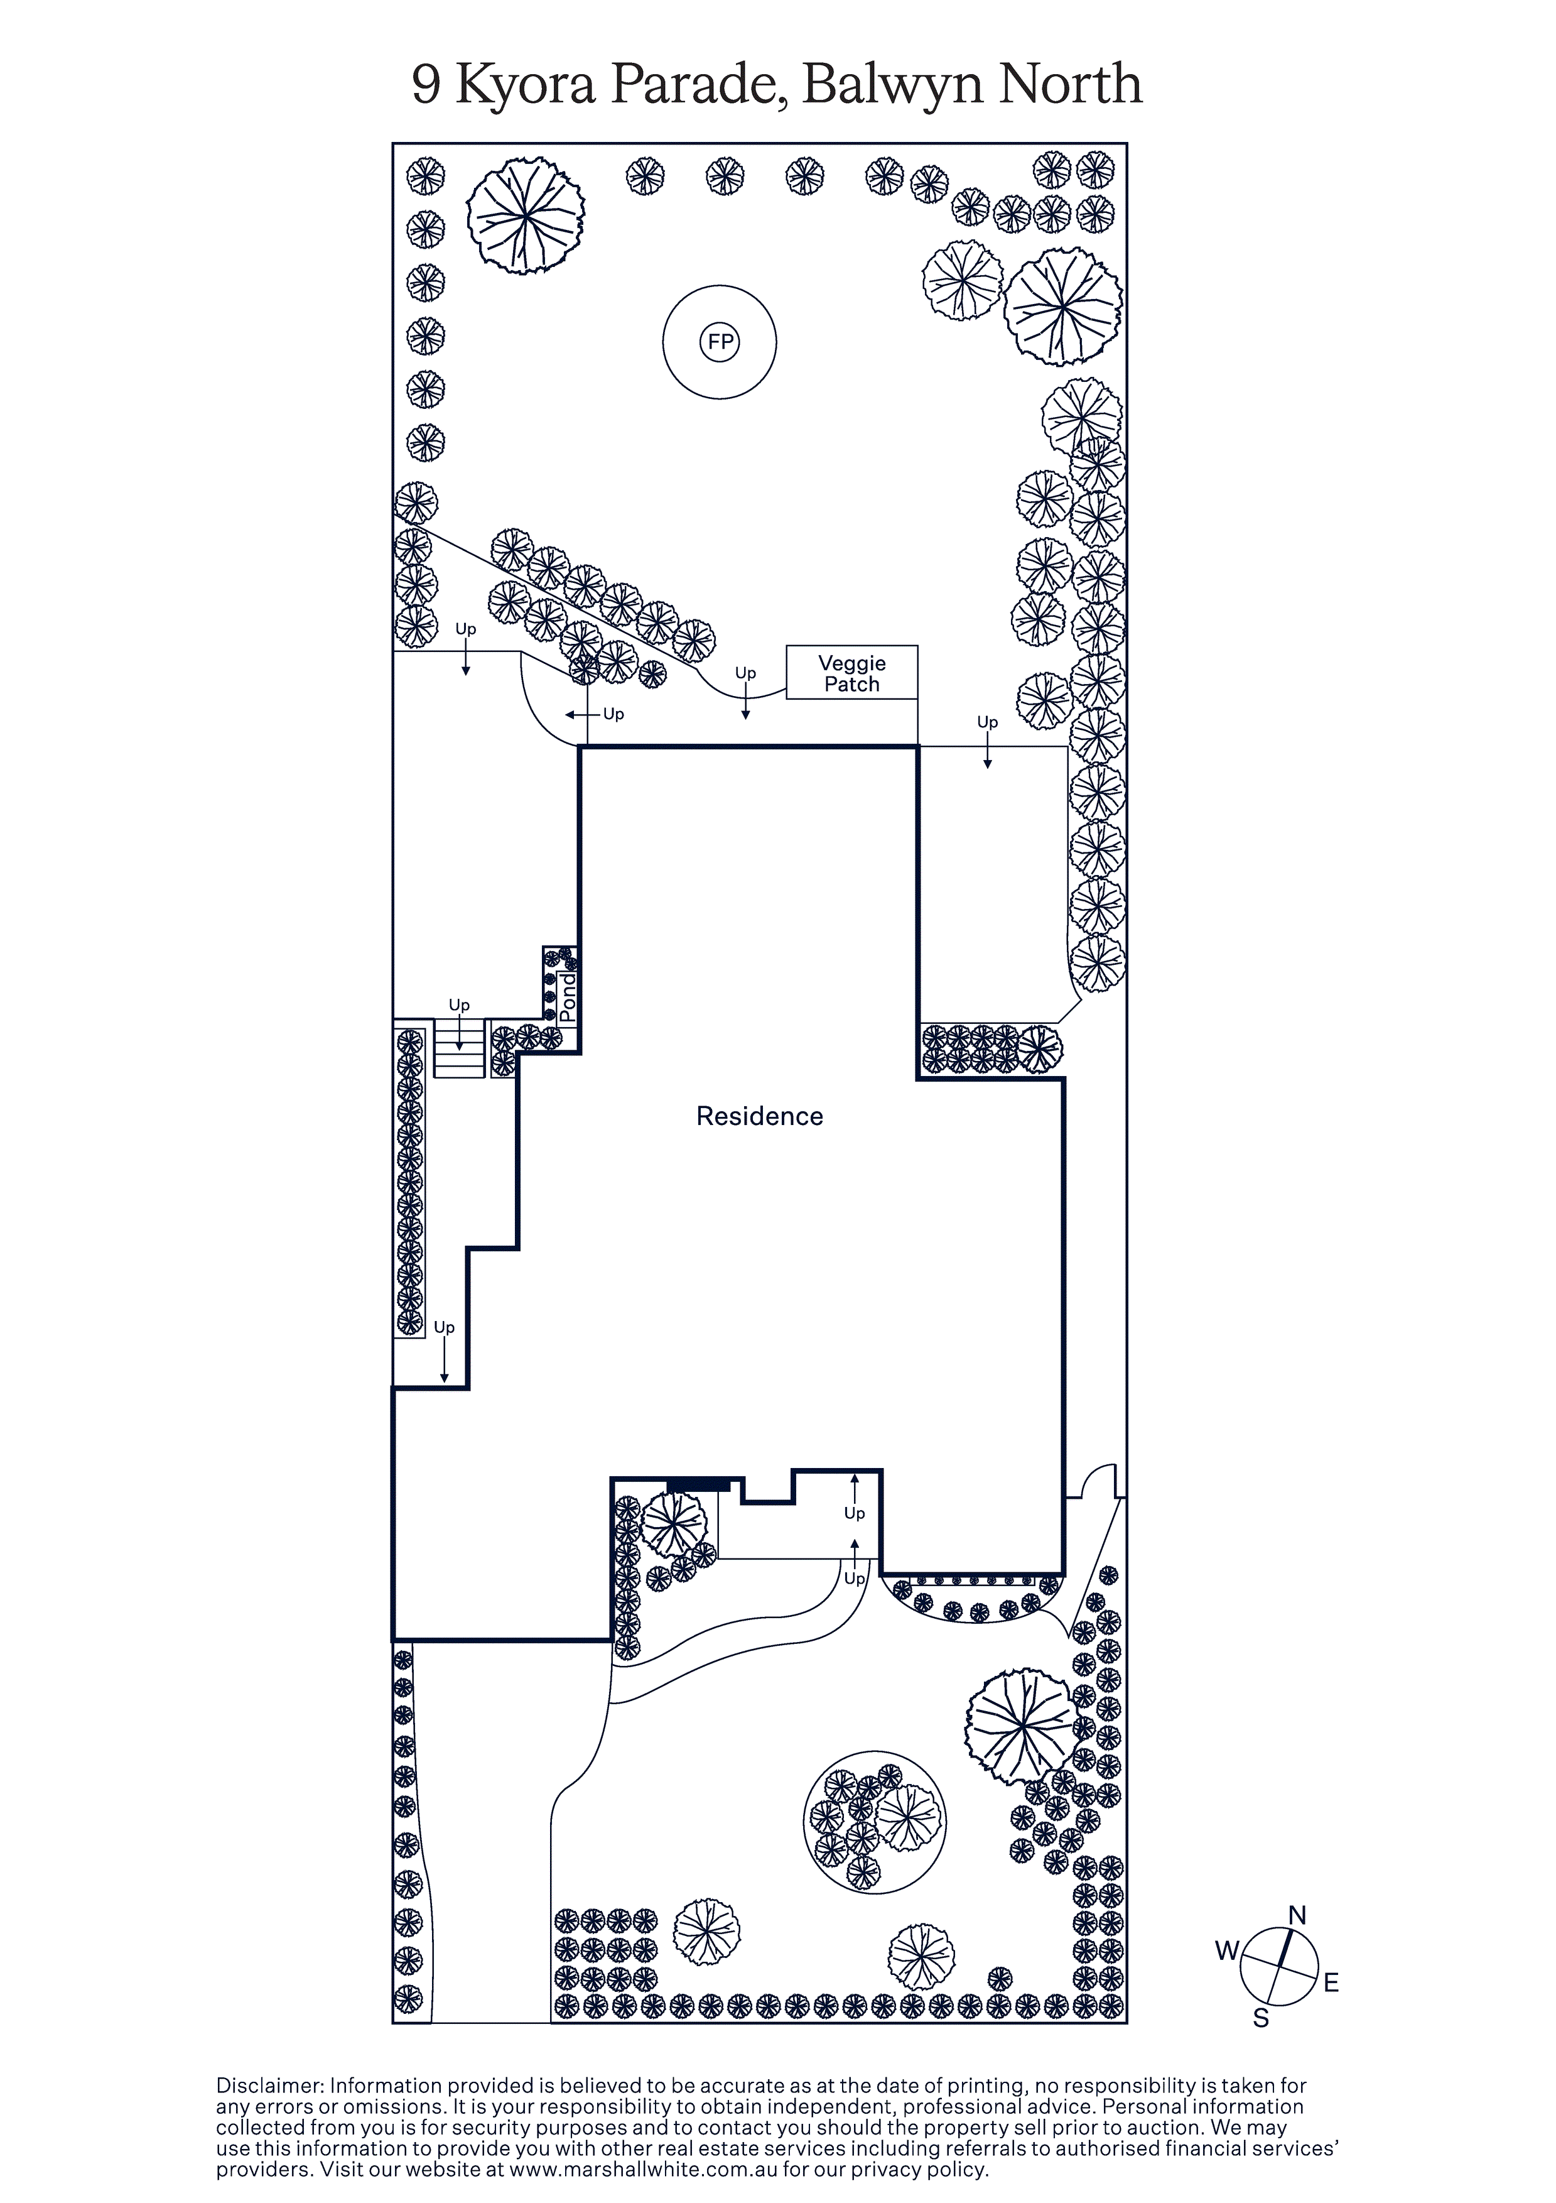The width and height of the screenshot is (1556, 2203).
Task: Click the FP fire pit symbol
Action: tap(720, 342)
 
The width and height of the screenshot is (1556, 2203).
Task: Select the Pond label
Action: tap(568, 998)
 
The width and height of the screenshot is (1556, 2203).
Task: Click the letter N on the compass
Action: tap(1297, 1916)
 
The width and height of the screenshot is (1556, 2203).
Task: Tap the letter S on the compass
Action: tap(1262, 2019)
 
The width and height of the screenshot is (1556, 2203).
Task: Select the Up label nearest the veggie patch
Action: tap(745, 673)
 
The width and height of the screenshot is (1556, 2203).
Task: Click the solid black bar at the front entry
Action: tap(698, 1485)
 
